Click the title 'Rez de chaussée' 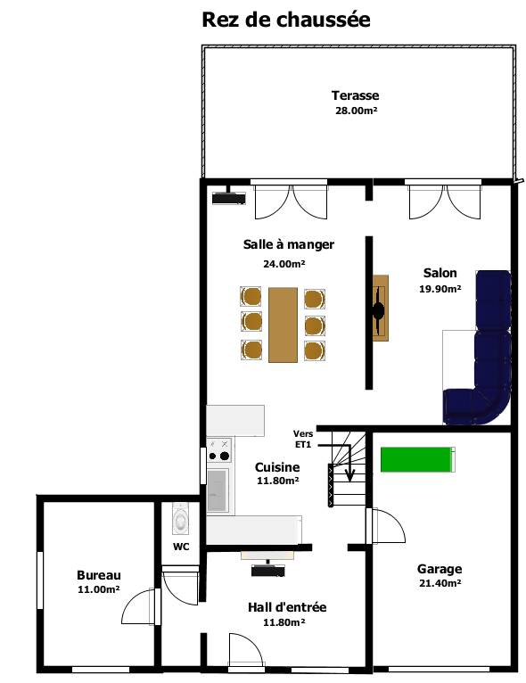tap(286, 20)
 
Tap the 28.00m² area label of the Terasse tap(356, 111)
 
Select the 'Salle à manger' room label tap(289, 244)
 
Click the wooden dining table tap(283, 325)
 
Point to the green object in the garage tap(417, 459)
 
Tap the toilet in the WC tap(180, 518)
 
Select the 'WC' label tap(181, 547)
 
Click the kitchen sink tap(218, 490)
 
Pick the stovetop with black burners tap(218, 450)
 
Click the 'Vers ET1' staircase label tap(303, 439)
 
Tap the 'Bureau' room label tap(99, 575)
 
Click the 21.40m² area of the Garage tap(440, 583)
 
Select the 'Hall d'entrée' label tap(287, 607)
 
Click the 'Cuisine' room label tap(277, 467)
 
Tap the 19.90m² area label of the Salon tap(440, 289)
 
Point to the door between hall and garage tap(385, 526)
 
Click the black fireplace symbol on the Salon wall tap(378, 310)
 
